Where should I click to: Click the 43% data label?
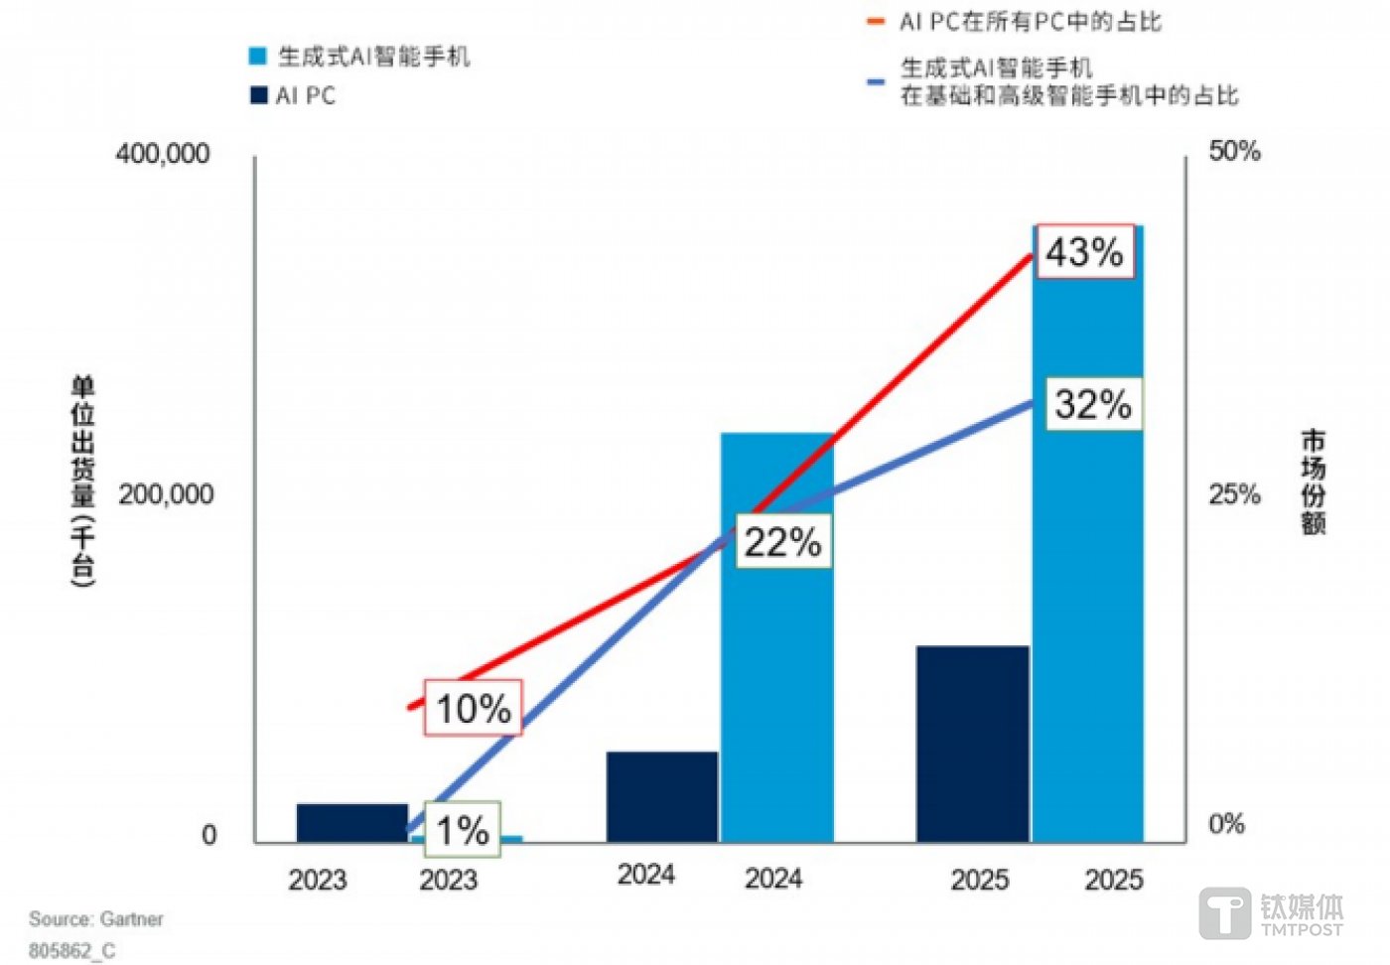pos(1084,252)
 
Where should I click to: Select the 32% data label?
pos(1092,404)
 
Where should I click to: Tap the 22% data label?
pos(782,542)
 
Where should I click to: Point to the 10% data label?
pos(473,708)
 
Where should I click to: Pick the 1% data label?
pos(463,830)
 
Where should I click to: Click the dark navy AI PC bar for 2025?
pos(972,744)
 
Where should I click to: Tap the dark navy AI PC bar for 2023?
pos(351,823)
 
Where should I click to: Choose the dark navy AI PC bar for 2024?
pos(661,797)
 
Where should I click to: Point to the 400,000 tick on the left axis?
pos(163,154)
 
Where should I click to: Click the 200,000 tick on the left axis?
pos(166,494)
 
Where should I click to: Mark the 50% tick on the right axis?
pos(1234,151)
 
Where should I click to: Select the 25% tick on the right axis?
pos(1234,494)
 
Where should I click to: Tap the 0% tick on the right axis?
pos(1226,824)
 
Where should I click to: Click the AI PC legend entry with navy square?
pos(294,96)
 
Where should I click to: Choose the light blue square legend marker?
pos(258,57)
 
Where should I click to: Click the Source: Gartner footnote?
pos(96,919)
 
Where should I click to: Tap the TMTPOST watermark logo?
pos(1272,913)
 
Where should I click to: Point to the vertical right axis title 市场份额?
pos(1313,482)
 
